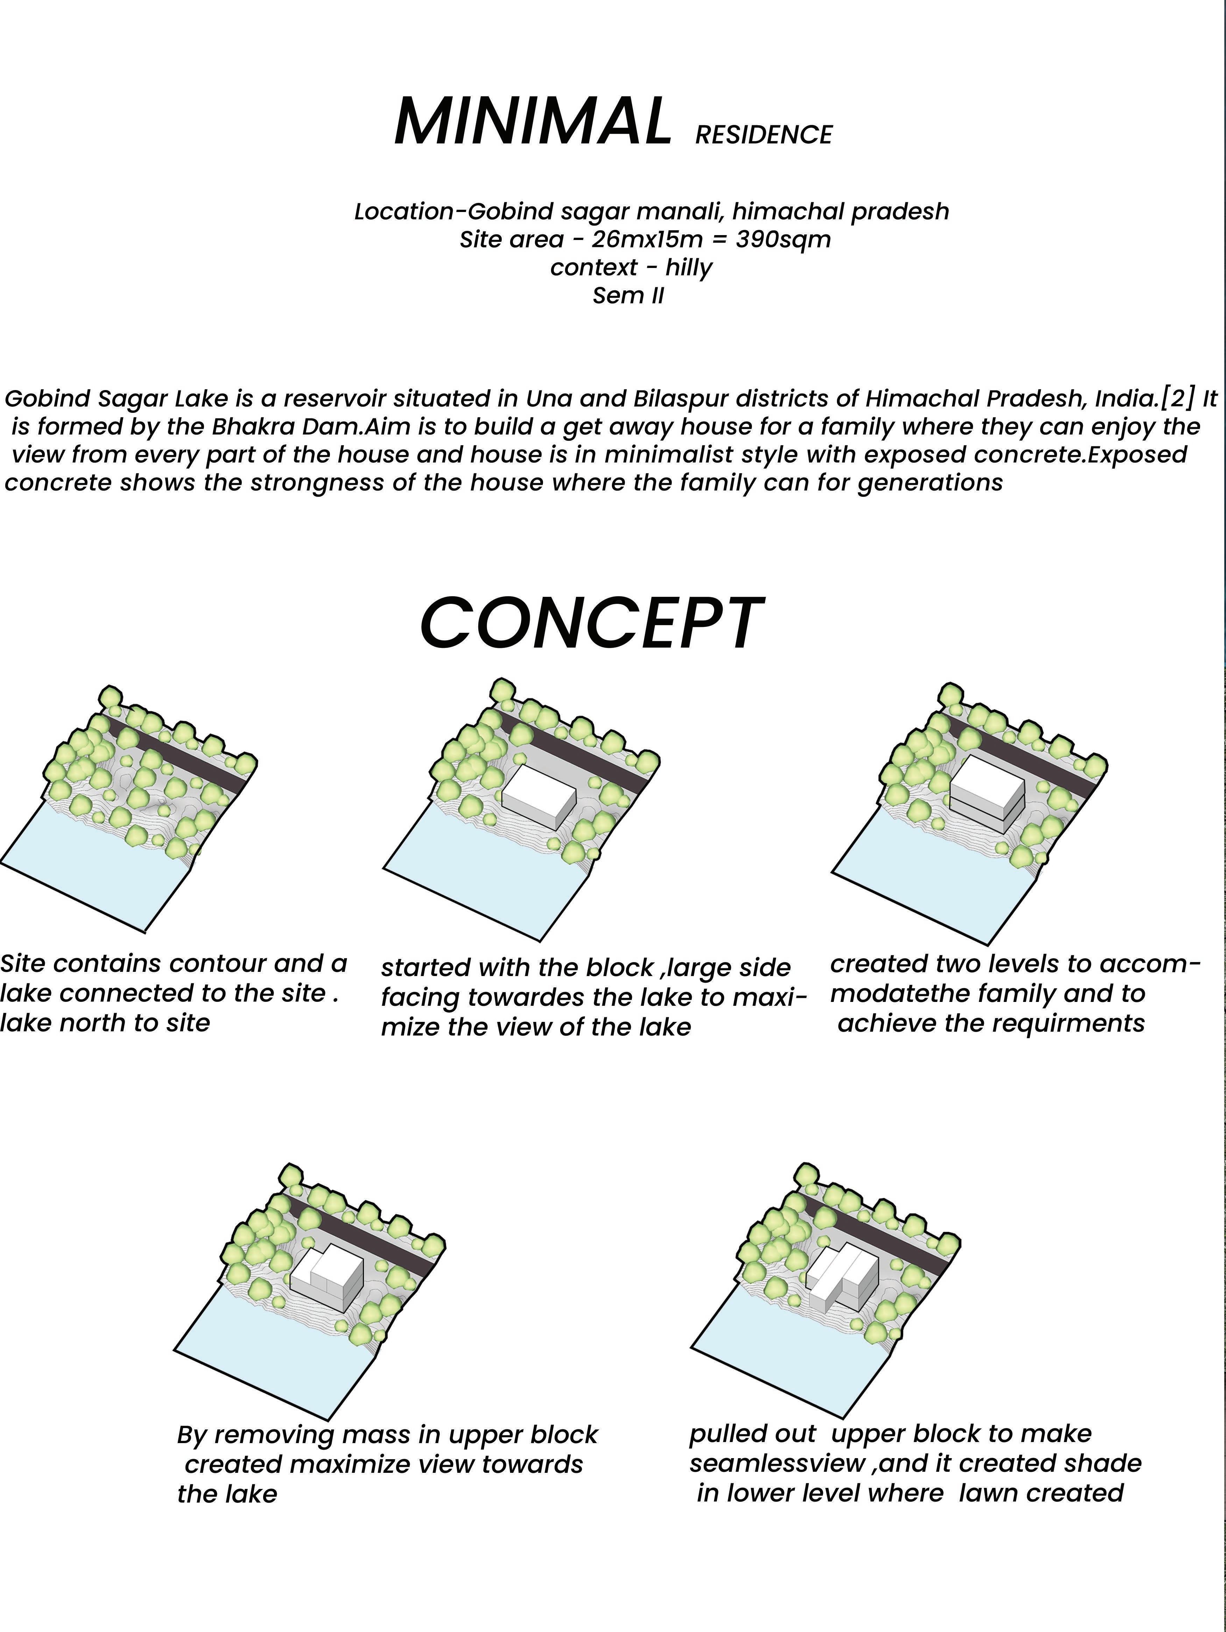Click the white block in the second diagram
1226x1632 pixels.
tap(537, 796)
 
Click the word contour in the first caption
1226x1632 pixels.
tap(216, 963)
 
